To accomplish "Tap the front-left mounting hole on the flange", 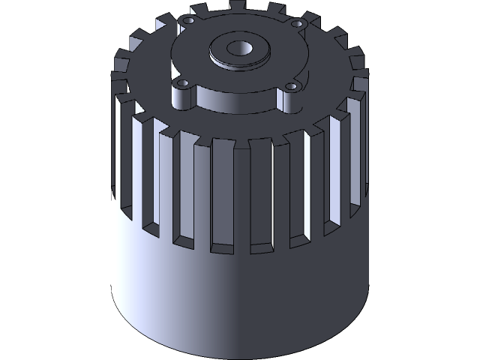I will point(182,82).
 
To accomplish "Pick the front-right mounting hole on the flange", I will point(291,86).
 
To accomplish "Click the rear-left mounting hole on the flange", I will point(188,22).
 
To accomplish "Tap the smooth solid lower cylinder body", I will point(240,300).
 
